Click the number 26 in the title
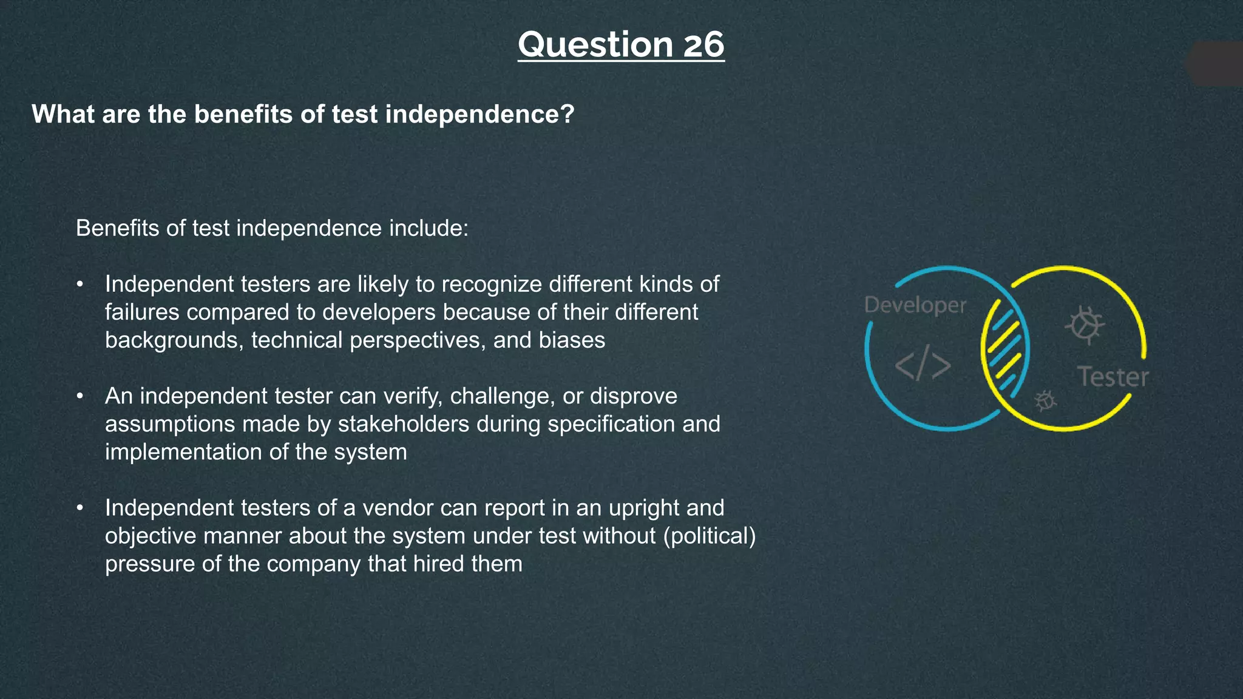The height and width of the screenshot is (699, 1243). coord(703,45)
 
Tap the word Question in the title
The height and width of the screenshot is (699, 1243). coord(595,45)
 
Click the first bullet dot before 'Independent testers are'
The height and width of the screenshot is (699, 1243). coord(80,285)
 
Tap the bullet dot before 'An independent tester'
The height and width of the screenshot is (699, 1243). coord(80,397)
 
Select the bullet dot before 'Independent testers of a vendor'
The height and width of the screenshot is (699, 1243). coord(80,508)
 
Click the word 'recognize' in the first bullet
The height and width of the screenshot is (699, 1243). coord(492,285)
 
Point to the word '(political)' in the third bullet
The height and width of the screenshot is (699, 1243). coord(710,536)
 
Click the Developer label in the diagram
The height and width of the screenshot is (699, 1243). coord(915,305)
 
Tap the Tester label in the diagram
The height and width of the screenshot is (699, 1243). coord(1113,377)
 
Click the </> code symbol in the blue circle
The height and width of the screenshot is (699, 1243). coord(923,366)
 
